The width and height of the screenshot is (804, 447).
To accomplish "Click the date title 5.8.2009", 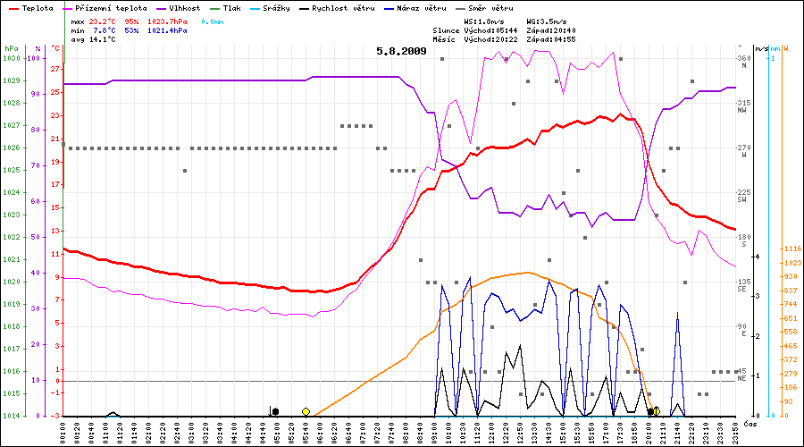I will point(402,51).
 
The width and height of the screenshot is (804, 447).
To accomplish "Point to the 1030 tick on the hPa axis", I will point(11,58).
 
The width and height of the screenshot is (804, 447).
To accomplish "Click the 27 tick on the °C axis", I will point(55,69).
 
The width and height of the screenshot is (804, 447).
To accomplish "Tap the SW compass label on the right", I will point(742,200).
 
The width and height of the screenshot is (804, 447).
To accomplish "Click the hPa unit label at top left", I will point(11,47).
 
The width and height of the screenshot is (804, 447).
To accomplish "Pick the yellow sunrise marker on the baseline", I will point(306,411).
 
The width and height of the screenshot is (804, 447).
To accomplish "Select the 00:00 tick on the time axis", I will point(63,431).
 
